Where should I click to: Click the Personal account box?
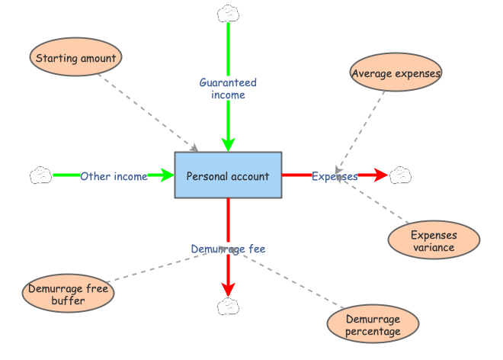pyautogui.click(x=228, y=175)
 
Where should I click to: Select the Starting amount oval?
pyautogui.click(x=75, y=58)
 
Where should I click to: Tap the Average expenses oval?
pyautogui.click(x=396, y=73)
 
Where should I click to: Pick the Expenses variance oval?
pyautogui.click(x=433, y=240)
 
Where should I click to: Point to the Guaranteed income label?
pyautogui.click(x=228, y=88)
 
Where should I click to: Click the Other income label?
pyautogui.click(x=114, y=176)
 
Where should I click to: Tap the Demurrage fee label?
pyautogui.click(x=228, y=249)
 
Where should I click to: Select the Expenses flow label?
pyautogui.click(x=335, y=176)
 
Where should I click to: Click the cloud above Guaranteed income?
pyautogui.click(x=228, y=13)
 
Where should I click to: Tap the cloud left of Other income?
pyautogui.click(x=40, y=175)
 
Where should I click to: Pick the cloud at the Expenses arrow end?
pyautogui.click(x=400, y=175)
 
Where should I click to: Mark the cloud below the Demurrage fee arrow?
pyautogui.click(x=228, y=306)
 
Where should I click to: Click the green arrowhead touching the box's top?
pyautogui.click(x=228, y=143)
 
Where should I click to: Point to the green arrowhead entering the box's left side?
pyautogui.click(x=166, y=175)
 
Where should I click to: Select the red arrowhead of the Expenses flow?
pyautogui.click(x=379, y=175)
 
